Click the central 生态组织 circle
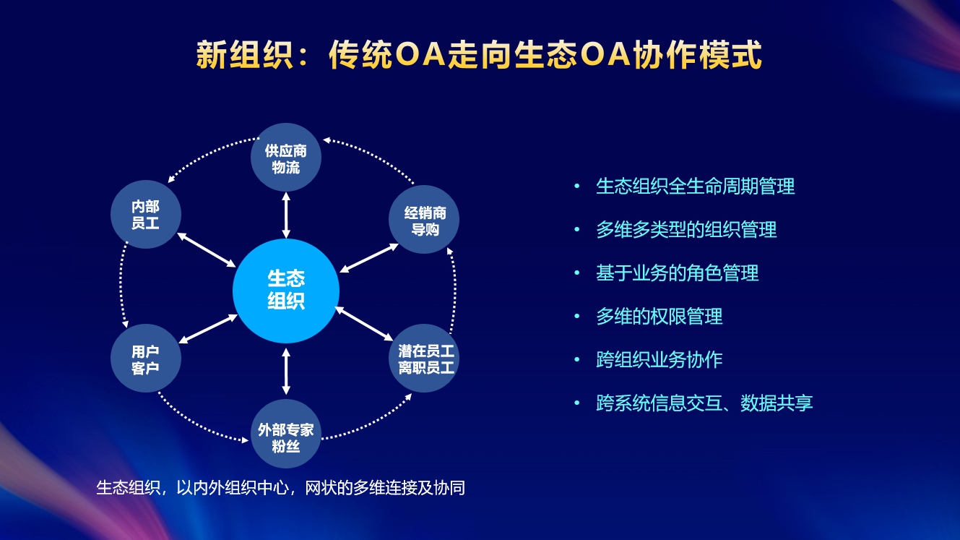(x=286, y=291)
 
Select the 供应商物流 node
(x=286, y=158)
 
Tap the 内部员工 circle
(x=146, y=214)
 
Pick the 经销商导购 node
(x=424, y=220)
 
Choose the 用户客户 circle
(x=146, y=358)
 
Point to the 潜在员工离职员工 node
(x=424, y=358)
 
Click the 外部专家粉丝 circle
(x=286, y=434)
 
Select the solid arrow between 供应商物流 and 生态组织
(x=286, y=215)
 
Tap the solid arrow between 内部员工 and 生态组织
(x=207, y=250)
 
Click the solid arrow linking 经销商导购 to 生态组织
(x=369, y=258)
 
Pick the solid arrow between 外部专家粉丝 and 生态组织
(x=286, y=372)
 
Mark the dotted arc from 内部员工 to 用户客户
(x=121, y=284)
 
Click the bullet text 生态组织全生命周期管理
(x=695, y=187)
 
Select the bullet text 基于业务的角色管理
(x=677, y=273)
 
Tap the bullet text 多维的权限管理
(x=660, y=316)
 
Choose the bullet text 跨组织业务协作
(x=660, y=359)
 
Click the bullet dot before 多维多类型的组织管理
(x=577, y=229)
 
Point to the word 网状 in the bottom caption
(x=321, y=488)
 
